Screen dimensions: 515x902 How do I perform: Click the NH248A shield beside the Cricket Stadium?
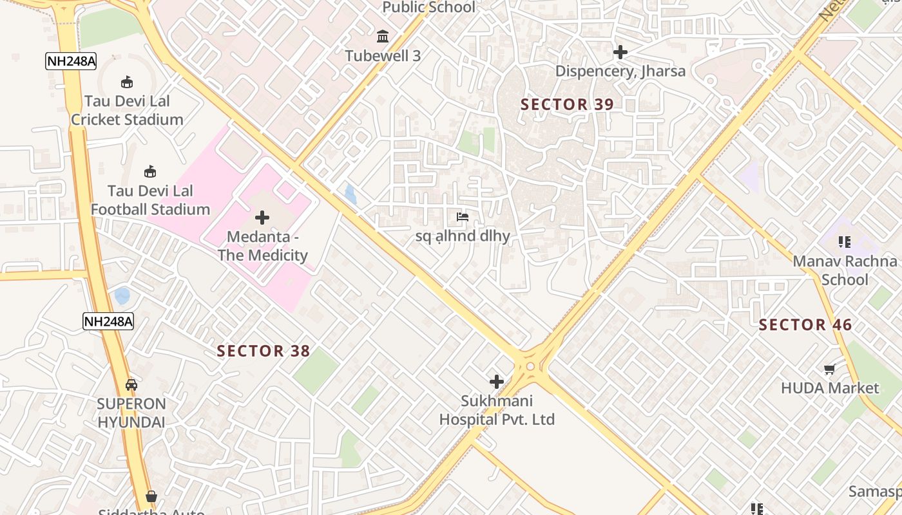pos(71,61)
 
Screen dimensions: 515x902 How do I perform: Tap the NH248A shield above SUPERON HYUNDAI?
pos(108,321)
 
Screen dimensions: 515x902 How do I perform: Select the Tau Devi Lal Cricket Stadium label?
pos(127,111)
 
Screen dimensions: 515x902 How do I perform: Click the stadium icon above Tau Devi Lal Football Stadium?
pos(150,171)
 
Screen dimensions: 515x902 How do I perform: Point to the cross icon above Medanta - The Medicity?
pos(262,218)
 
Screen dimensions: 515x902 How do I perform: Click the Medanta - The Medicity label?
pos(262,247)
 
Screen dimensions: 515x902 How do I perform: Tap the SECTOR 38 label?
pos(264,351)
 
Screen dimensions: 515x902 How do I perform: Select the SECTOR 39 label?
pos(567,104)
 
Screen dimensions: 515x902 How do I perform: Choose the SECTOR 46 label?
pos(805,325)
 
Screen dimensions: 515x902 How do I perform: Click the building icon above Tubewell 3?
pos(383,36)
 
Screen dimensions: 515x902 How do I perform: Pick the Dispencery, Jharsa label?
pos(620,71)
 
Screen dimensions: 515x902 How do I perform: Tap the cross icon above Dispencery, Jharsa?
pos(620,51)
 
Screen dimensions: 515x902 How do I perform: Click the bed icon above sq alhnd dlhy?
pos(463,217)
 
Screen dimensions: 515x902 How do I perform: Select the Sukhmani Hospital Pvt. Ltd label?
pos(497,410)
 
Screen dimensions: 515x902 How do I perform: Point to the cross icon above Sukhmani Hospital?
pos(497,382)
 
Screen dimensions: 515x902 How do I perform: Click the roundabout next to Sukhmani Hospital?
pos(530,366)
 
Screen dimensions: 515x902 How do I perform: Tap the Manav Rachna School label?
pos(845,270)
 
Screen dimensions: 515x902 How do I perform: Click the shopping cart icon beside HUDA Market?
pos(830,370)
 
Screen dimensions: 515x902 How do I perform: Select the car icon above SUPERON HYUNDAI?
pos(131,385)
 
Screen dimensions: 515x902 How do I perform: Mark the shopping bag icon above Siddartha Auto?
pos(151,496)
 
